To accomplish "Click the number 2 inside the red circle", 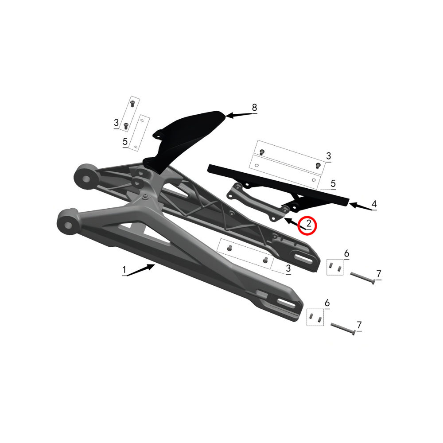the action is pyautogui.click(x=308, y=223).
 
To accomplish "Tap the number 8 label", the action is pyautogui.click(x=255, y=107).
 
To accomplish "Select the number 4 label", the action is pyautogui.click(x=374, y=204).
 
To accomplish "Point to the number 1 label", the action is pyautogui.click(x=124, y=270).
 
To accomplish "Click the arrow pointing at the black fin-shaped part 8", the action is pyautogui.click(x=239, y=115).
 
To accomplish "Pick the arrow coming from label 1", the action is pyautogui.click(x=141, y=270).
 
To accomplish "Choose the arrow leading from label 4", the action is pyautogui.click(x=361, y=206).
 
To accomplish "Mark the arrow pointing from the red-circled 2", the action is pyautogui.click(x=295, y=223).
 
